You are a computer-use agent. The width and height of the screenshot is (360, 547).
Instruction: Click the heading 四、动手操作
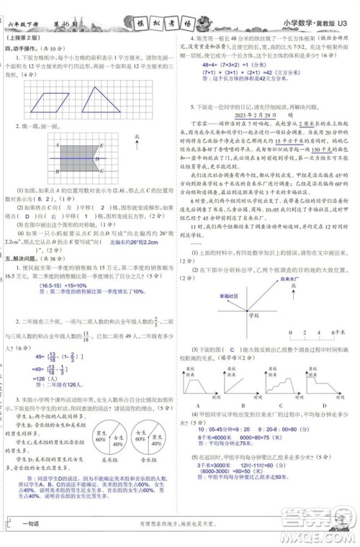(x=22, y=49)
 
